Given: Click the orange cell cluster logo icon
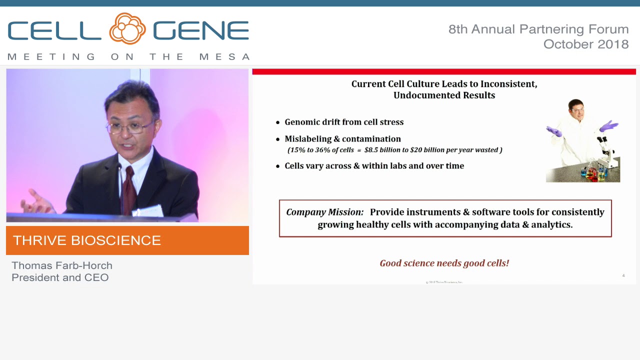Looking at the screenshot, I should pyautogui.click(x=127, y=29).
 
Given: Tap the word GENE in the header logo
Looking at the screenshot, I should pyautogui.click(x=201, y=31).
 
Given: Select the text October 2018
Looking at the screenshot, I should pyautogui.click(x=585, y=44).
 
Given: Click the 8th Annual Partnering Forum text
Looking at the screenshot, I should pyautogui.click(x=538, y=29).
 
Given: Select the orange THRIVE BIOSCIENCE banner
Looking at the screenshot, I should pyautogui.click(x=127, y=240).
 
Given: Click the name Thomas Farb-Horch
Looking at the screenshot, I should pyautogui.click(x=62, y=265).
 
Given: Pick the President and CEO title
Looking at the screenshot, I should pyautogui.click(x=60, y=277).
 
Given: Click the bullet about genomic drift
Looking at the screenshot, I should pyautogui.click(x=344, y=122).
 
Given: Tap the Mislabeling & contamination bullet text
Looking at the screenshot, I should pyautogui.click(x=342, y=139).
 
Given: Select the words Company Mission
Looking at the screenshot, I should pyautogui.click(x=324, y=212).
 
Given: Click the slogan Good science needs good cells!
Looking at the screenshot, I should pyautogui.click(x=444, y=263).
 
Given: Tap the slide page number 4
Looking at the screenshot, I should pyautogui.click(x=623, y=275).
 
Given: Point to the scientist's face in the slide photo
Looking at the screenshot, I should pyautogui.click(x=576, y=111).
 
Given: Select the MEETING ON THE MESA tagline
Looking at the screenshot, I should pyautogui.click(x=128, y=57).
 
